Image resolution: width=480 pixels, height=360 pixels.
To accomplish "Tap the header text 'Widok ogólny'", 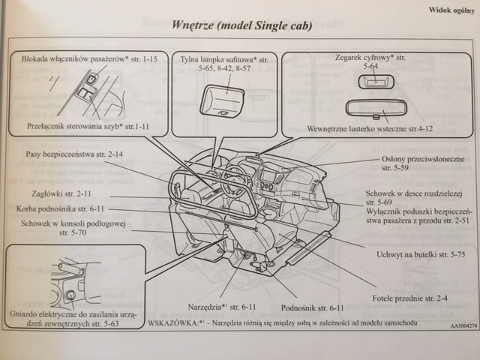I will click(447, 11).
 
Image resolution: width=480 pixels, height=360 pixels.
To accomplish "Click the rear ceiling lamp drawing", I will click(223, 100).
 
